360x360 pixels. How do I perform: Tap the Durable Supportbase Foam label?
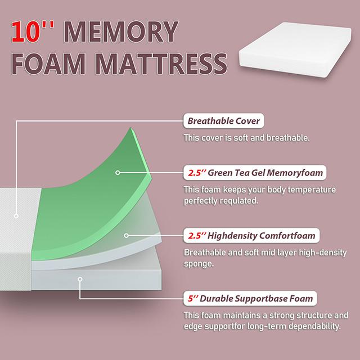250,298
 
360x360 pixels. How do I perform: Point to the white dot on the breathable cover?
16,215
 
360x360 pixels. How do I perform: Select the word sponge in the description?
199,263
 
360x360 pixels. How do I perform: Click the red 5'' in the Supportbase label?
191,298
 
